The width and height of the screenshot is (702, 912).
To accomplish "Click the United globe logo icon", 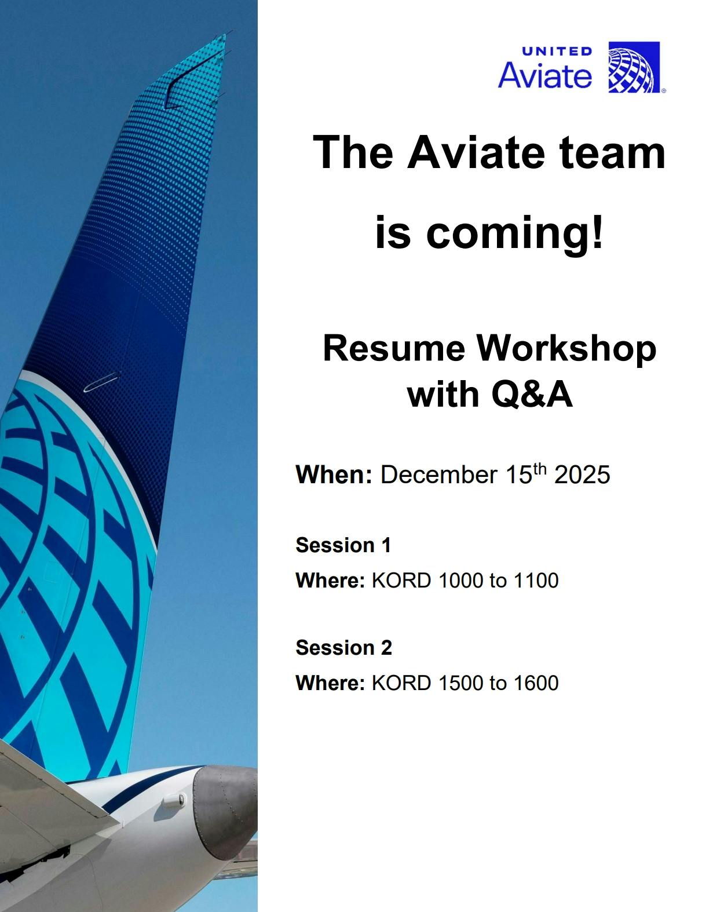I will tap(634, 67).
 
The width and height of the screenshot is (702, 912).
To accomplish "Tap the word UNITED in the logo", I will tap(557, 51).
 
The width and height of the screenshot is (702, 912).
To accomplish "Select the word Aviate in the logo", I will tap(544, 76).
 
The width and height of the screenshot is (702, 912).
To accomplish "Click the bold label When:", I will tap(333, 475).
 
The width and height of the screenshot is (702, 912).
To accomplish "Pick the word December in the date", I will tap(438, 475).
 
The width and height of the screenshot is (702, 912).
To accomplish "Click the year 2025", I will tap(582, 475).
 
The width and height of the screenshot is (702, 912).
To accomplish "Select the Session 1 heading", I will tap(343, 545).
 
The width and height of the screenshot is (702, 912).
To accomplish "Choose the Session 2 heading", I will tap(343, 647).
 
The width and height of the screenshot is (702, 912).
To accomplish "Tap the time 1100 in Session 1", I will tap(535, 581).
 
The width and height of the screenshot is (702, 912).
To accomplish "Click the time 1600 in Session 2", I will tap(535, 683).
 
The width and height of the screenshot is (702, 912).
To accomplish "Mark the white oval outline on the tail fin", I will tap(101, 381).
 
